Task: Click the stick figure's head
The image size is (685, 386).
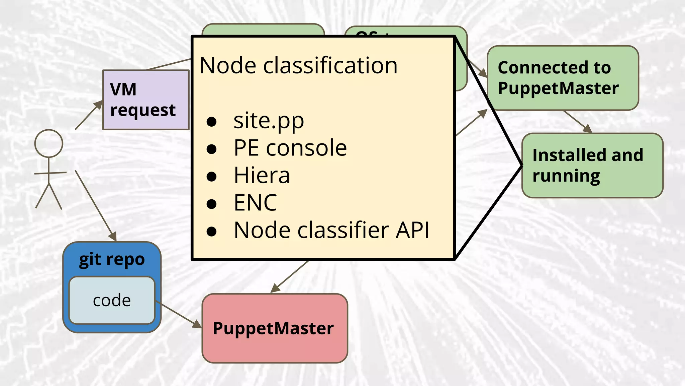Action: point(49,143)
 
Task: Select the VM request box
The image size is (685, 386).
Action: point(145,100)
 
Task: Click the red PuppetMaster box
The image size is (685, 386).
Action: point(275,328)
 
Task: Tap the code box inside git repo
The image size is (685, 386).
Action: point(112,301)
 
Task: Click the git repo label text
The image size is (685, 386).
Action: point(112,259)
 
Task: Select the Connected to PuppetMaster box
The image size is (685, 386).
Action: point(563,78)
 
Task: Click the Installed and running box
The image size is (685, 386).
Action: point(592,166)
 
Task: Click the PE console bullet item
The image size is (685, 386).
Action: point(290,148)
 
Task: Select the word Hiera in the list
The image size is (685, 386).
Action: point(262,175)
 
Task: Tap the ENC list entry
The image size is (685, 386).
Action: point(255,203)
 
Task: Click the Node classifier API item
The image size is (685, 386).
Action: point(331,230)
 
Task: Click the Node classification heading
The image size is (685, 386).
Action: point(298,65)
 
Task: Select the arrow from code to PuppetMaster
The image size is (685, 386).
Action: point(178,314)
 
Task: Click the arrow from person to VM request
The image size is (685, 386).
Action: point(89,115)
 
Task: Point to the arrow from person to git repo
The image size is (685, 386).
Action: point(96,205)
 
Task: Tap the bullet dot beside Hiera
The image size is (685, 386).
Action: point(211,176)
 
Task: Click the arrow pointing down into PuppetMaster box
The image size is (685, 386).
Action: point(289,276)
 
